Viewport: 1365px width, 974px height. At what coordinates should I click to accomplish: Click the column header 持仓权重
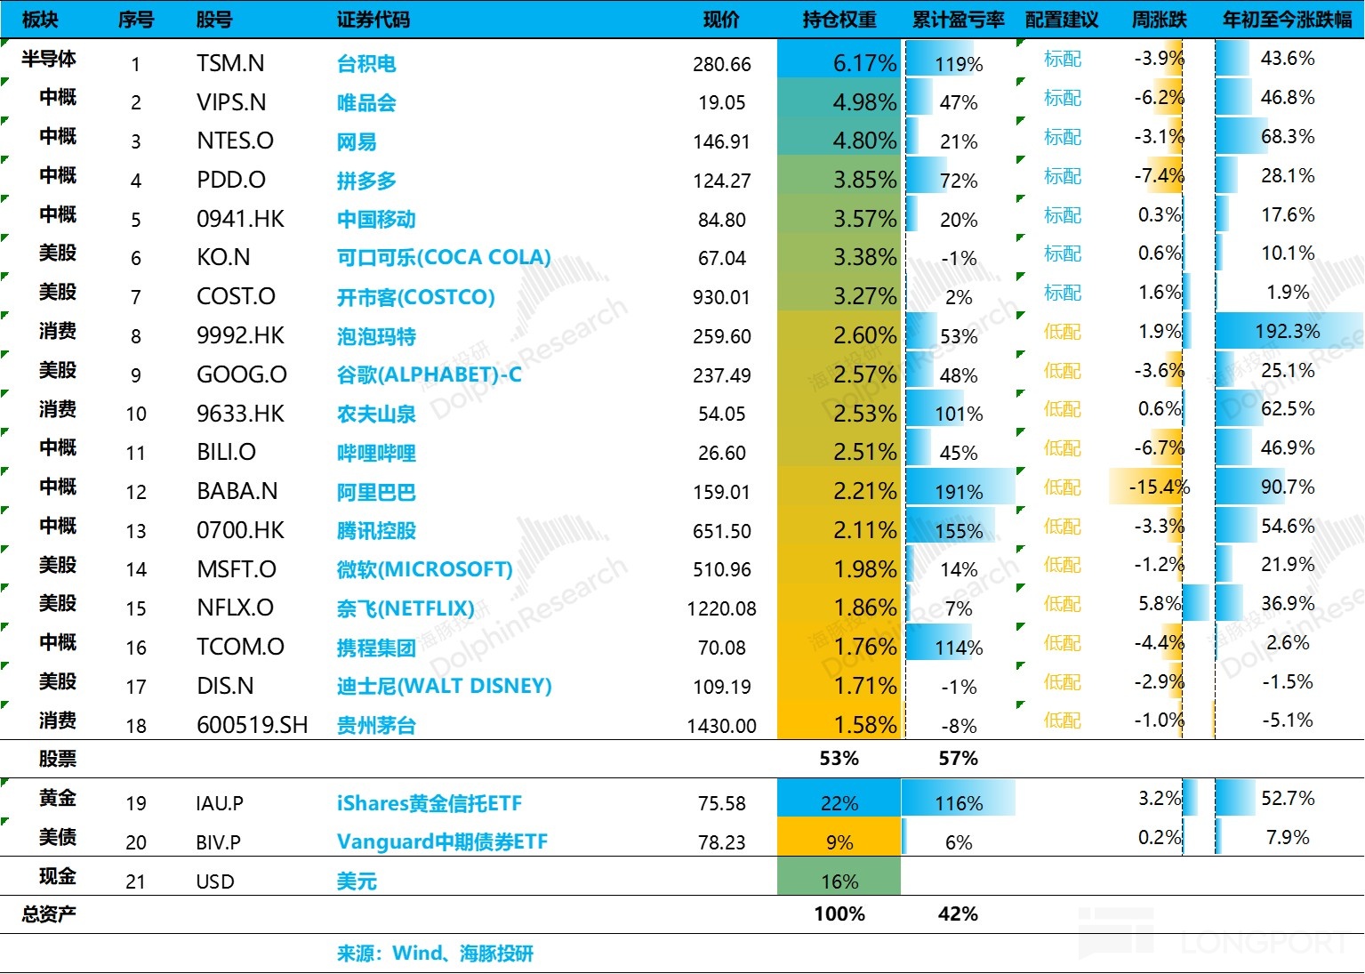click(839, 20)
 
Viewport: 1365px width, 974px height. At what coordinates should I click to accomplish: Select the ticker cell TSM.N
click(230, 63)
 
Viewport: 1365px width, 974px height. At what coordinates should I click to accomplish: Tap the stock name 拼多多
click(366, 181)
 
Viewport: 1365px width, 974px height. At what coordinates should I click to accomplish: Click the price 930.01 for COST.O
click(721, 297)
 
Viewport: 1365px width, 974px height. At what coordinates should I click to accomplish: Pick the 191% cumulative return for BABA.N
click(959, 492)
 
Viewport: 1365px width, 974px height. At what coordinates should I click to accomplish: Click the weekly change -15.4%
click(1159, 487)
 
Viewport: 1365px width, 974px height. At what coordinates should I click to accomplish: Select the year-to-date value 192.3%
click(1287, 332)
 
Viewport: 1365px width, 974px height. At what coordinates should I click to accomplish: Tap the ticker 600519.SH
click(253, 725)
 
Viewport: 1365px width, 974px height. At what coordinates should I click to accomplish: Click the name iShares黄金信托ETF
click(429, 803)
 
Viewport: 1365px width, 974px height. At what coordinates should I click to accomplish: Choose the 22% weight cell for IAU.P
click(839, 803)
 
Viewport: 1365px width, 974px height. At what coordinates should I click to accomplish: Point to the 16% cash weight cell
click(839, 881)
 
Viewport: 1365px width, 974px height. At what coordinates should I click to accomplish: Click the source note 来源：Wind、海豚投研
click(435, 954)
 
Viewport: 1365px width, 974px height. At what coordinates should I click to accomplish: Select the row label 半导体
click(49, 59)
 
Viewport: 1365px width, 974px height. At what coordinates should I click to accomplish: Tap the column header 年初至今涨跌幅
click(1287, 20)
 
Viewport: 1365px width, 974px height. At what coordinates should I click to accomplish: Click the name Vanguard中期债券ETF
click(442, 841)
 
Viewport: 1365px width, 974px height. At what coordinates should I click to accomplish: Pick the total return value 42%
click(958, 914)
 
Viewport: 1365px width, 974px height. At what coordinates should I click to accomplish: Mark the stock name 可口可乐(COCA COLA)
click(444, 258)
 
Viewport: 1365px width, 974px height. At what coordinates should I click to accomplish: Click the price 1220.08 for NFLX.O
click(721, 608)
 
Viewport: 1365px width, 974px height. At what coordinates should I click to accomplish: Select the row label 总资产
click(49, 914)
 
